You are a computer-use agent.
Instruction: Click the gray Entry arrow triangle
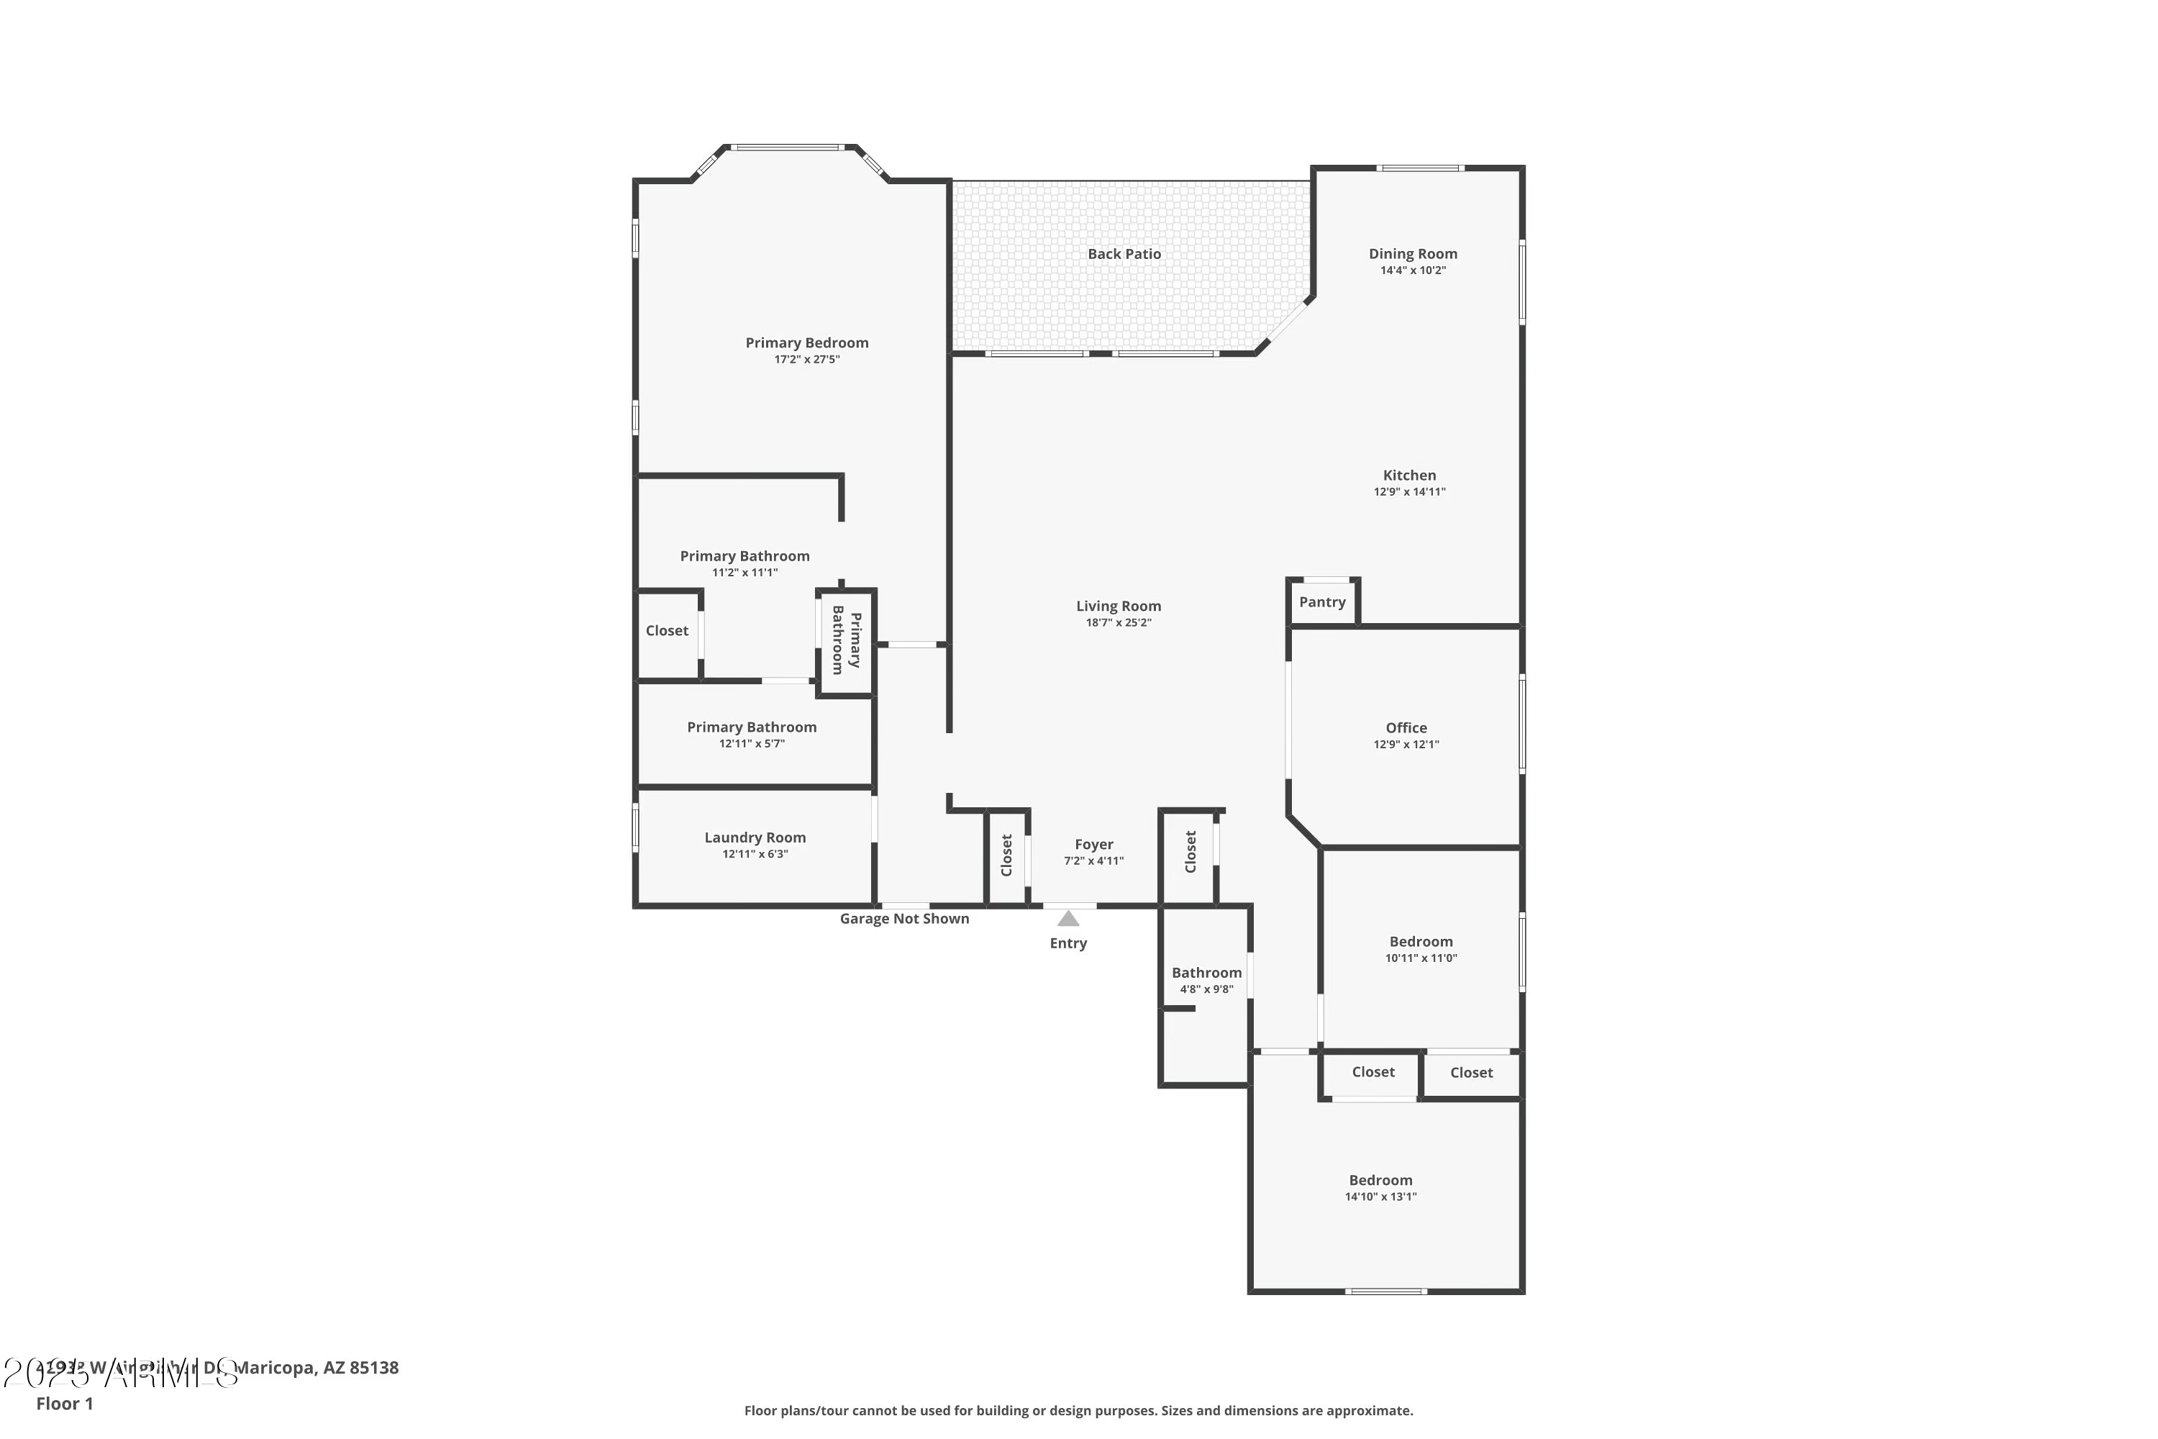pyautogui.click(x=1068, y=919)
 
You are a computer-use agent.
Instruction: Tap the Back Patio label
pyautogui.click(x=1124, y=254)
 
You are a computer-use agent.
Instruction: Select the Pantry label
pyautogui.click(x=1322, y=602)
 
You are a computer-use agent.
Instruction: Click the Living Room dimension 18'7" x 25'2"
pyautogui.click(x=1119, y=623)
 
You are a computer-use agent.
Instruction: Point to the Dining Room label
pyautogui.click(x=1413, y=254)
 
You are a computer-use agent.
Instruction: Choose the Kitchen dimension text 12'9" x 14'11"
pyautogui.click(x=1409, y=492)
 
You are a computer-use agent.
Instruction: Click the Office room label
pyautogui.click(x=1406, y=727)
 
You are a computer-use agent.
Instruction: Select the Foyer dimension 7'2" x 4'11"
pyautogui.click(x=1093, y=861)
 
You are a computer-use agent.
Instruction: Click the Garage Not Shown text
pyautogui.click(x=903, y=919)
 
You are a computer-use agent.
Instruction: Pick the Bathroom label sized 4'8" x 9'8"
pyautogui.click(x=1206, y=973)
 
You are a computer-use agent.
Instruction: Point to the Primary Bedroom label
pyautogui.click(x=806, y=343)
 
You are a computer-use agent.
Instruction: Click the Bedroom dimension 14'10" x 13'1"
pyautogui.click(x=1380, y=1197)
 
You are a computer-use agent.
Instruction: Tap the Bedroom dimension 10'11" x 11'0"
pyautogui.click(x=1420, y=958)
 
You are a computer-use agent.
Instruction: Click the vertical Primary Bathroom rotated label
pyautogui.click(x=846, y=640)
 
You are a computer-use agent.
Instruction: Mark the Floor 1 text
pyautogui.click(x=64, y=1403)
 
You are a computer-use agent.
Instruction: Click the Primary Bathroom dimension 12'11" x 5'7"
pyautogui.click(x=752, y=744)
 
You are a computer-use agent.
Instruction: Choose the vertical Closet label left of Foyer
pyautogui.click(x=1006, y=855)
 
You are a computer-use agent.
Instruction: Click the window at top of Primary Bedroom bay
pyautogui.click(x=787, y=147)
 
